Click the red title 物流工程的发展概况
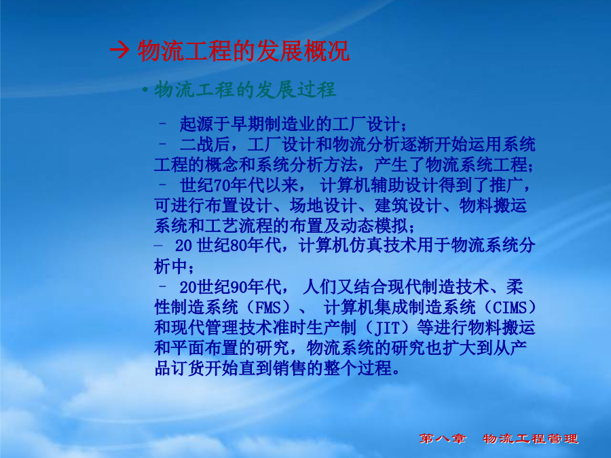[243, 51]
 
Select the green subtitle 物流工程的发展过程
[245, 90]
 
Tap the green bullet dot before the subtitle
[145, 90]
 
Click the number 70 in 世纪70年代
[222, 185]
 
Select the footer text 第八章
[443, 438]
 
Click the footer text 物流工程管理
[530, 438]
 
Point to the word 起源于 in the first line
[205, 124]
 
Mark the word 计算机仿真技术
[357, 246]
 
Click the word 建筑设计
[409, 205]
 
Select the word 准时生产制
[314, 328]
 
